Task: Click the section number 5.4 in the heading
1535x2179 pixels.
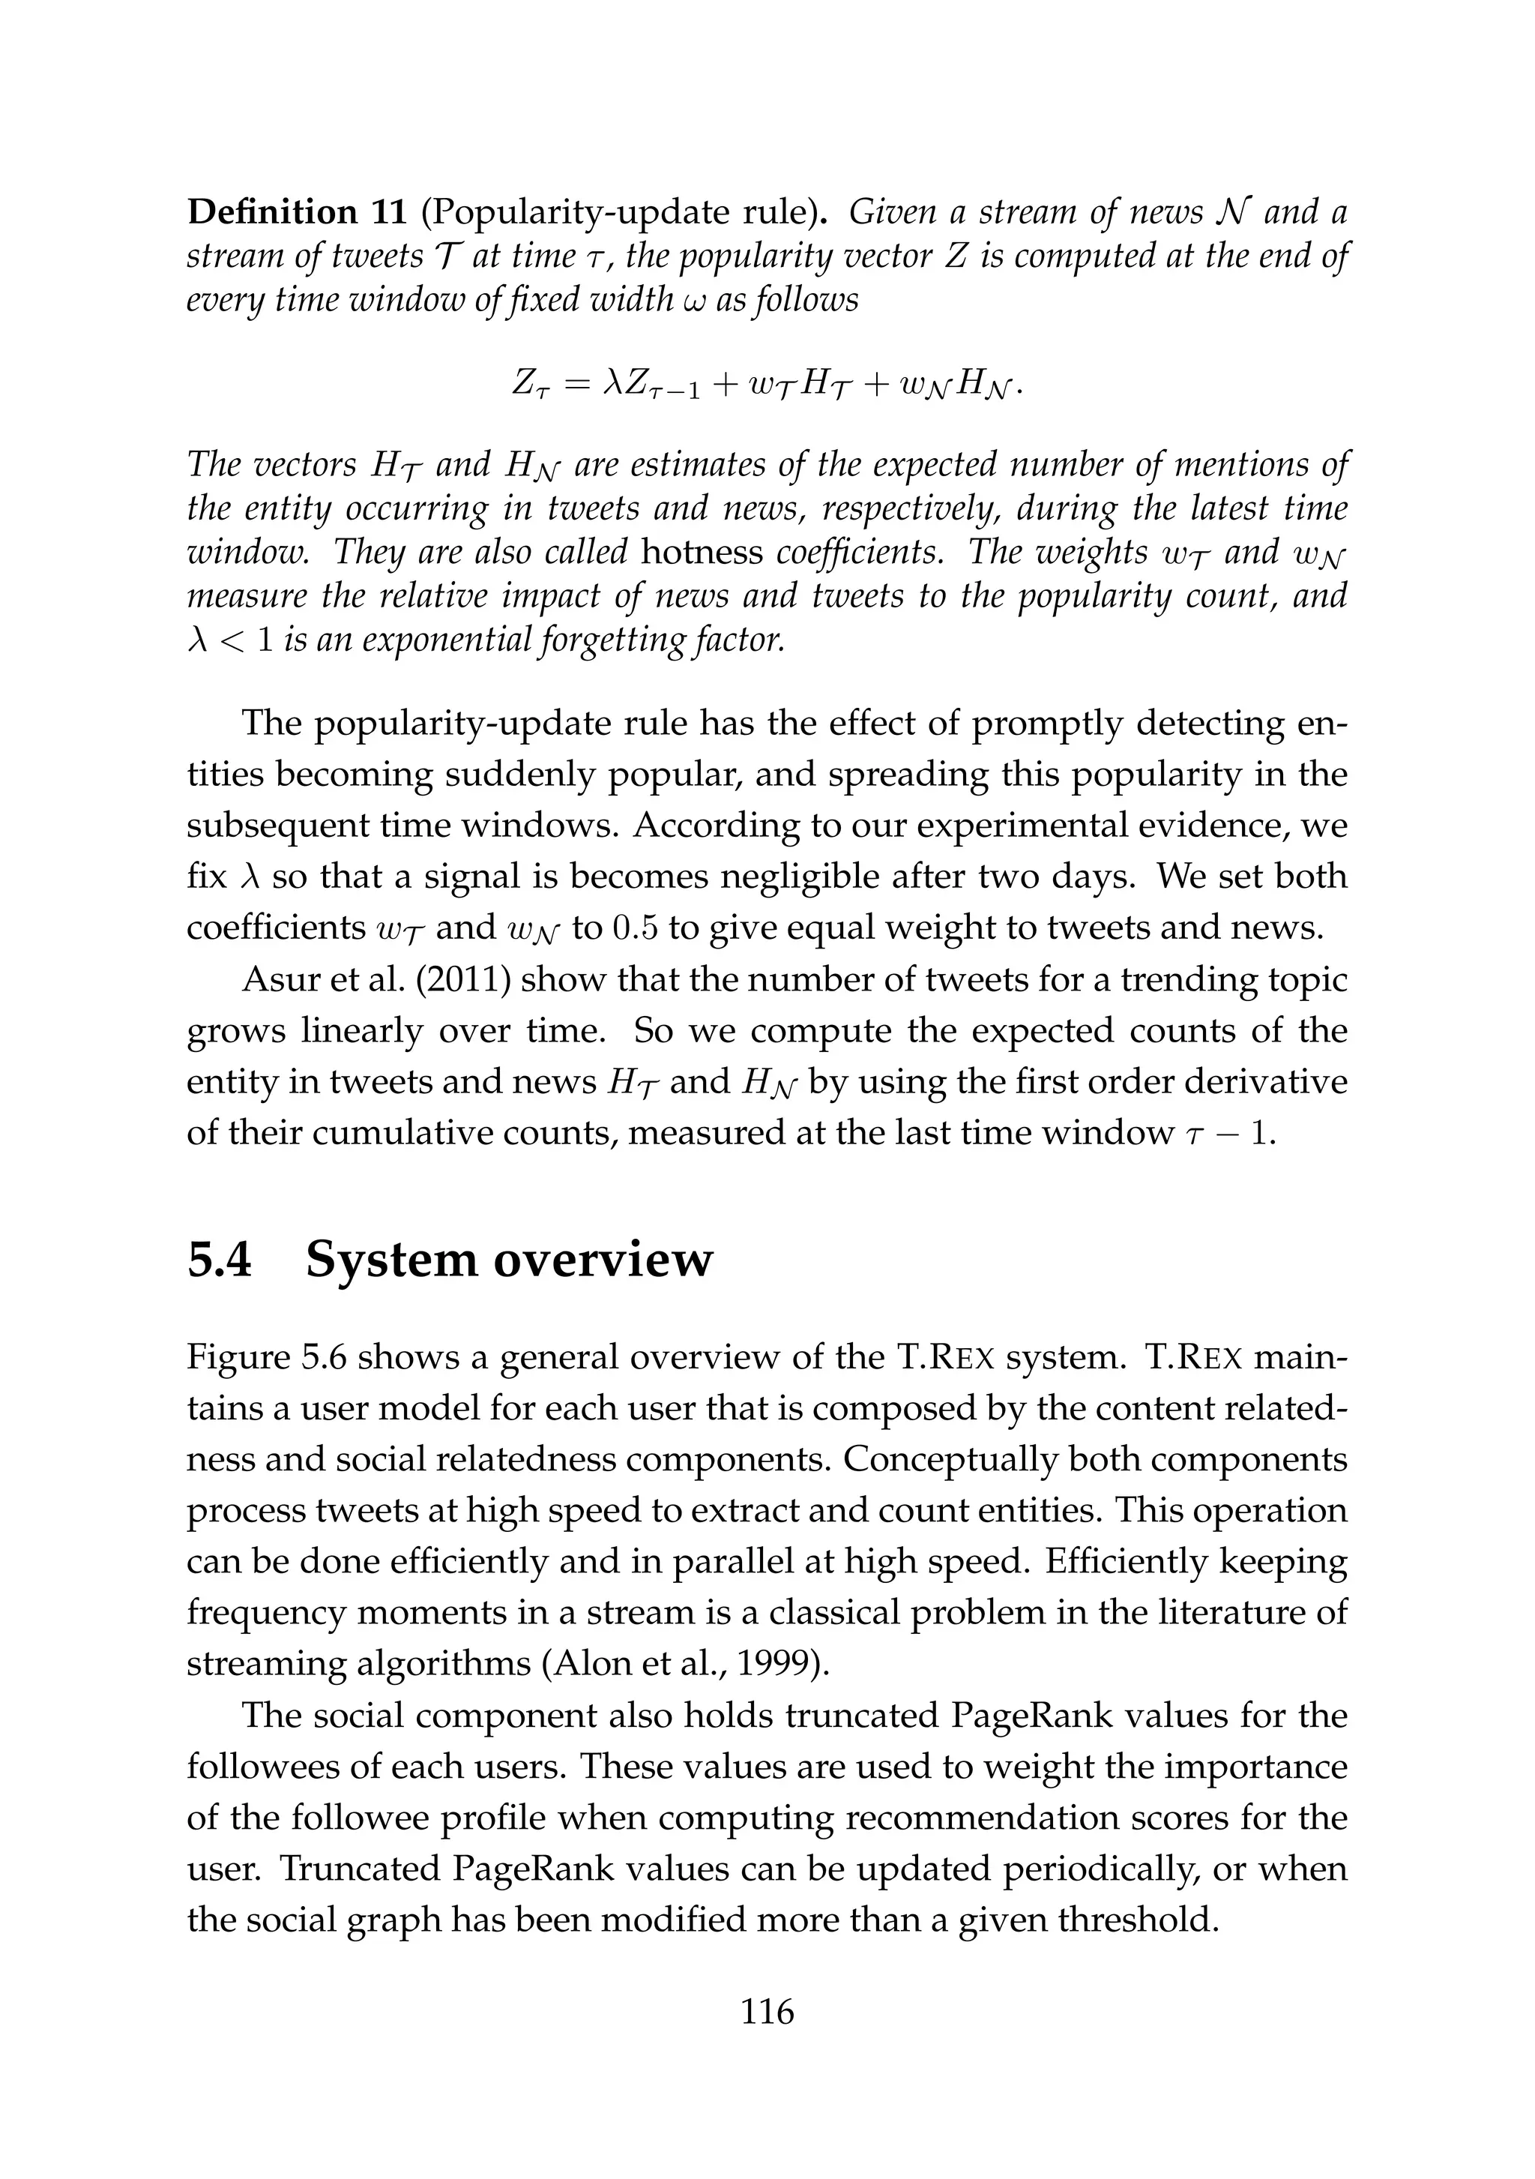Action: [220, 1260]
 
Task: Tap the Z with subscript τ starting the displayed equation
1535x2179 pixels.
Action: [524, 385]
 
